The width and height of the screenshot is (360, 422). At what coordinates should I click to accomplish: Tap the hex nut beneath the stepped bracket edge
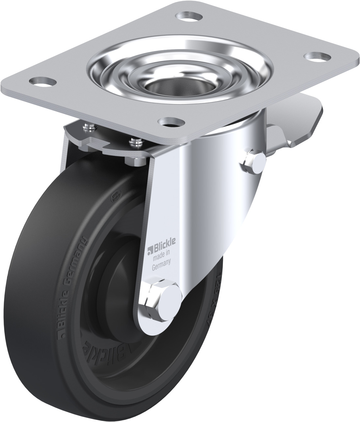coord(135,162)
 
